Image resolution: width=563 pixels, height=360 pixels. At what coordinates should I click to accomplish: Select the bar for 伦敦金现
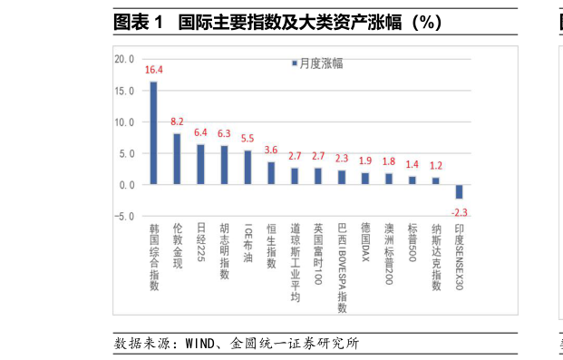pos(177,159)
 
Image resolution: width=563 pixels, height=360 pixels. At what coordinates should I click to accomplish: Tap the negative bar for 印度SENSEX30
pos(460,191)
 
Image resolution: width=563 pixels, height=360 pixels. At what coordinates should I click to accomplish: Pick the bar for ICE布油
pos(248,168)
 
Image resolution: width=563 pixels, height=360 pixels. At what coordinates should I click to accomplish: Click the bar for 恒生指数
pos(271,173)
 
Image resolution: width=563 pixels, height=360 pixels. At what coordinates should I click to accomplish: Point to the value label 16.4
pos(153,70)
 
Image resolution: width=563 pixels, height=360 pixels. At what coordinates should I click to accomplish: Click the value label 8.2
pos(177,122)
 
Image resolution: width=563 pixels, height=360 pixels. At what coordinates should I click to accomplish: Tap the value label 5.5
pos(248,139)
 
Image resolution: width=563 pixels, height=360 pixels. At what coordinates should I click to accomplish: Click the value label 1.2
pos(436,166)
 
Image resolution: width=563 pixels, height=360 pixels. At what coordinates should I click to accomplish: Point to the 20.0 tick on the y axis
pos(124,60)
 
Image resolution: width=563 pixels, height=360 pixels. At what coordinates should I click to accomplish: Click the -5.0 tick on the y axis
pos(124,217)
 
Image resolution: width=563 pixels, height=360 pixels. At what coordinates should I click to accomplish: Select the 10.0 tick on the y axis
pos(124,122)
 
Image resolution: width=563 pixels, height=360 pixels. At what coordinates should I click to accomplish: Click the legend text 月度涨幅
pos(321,63)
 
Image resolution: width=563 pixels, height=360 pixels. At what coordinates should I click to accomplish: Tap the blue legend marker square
pos(294,63)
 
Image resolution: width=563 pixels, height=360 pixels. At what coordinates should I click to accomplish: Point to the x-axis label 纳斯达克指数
pos(436,258)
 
